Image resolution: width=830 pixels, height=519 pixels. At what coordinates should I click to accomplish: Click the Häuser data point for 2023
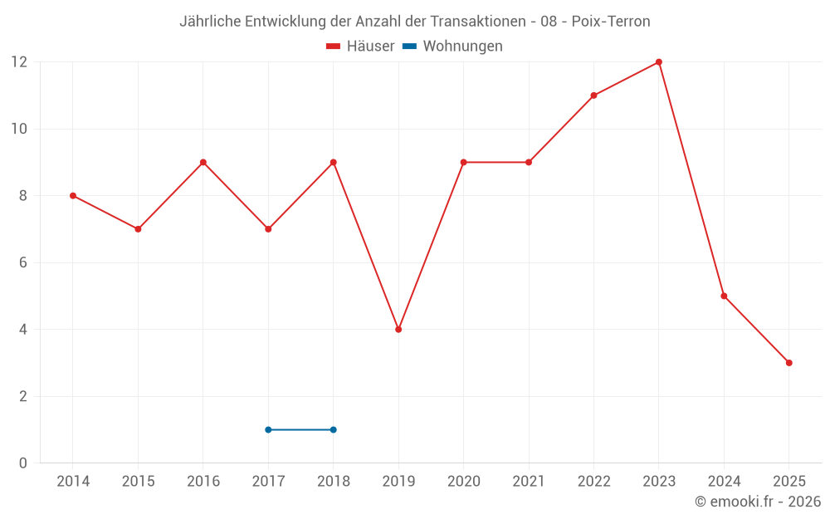pos(658,62)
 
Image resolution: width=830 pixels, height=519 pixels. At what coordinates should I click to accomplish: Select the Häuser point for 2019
pos(398,330)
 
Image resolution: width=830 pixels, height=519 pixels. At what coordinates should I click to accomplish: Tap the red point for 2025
pos(788,363)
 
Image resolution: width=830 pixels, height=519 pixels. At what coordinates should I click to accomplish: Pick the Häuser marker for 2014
pos(73,196)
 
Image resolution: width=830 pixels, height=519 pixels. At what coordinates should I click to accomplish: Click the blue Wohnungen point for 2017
pos(268,429)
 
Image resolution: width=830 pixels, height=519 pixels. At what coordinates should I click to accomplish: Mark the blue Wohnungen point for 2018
pos(333,429)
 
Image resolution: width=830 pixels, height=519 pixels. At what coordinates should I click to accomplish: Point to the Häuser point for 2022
pos(593,95)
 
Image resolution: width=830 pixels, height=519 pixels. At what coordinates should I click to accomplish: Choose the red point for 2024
pos(724,296)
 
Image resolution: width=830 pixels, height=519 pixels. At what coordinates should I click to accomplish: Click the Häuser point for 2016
pos(203,162)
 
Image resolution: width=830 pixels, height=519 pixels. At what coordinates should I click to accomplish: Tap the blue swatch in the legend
pos(409,47)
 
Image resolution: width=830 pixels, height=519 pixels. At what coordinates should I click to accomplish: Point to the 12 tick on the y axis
pos(19,62)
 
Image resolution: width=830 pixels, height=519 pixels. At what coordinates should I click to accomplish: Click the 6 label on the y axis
pos(23,262)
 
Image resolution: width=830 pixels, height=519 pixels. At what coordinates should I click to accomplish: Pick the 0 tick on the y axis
pos(23,463)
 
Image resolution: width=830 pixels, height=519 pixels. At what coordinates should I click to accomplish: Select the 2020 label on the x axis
pos(463,482)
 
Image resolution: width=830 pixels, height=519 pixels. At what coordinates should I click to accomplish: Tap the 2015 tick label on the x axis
pos(138,482)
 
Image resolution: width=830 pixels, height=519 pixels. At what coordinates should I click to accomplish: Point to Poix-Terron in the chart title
pos(611,22)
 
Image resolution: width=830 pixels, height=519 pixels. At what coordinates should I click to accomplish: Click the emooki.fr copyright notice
pos(758,502)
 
